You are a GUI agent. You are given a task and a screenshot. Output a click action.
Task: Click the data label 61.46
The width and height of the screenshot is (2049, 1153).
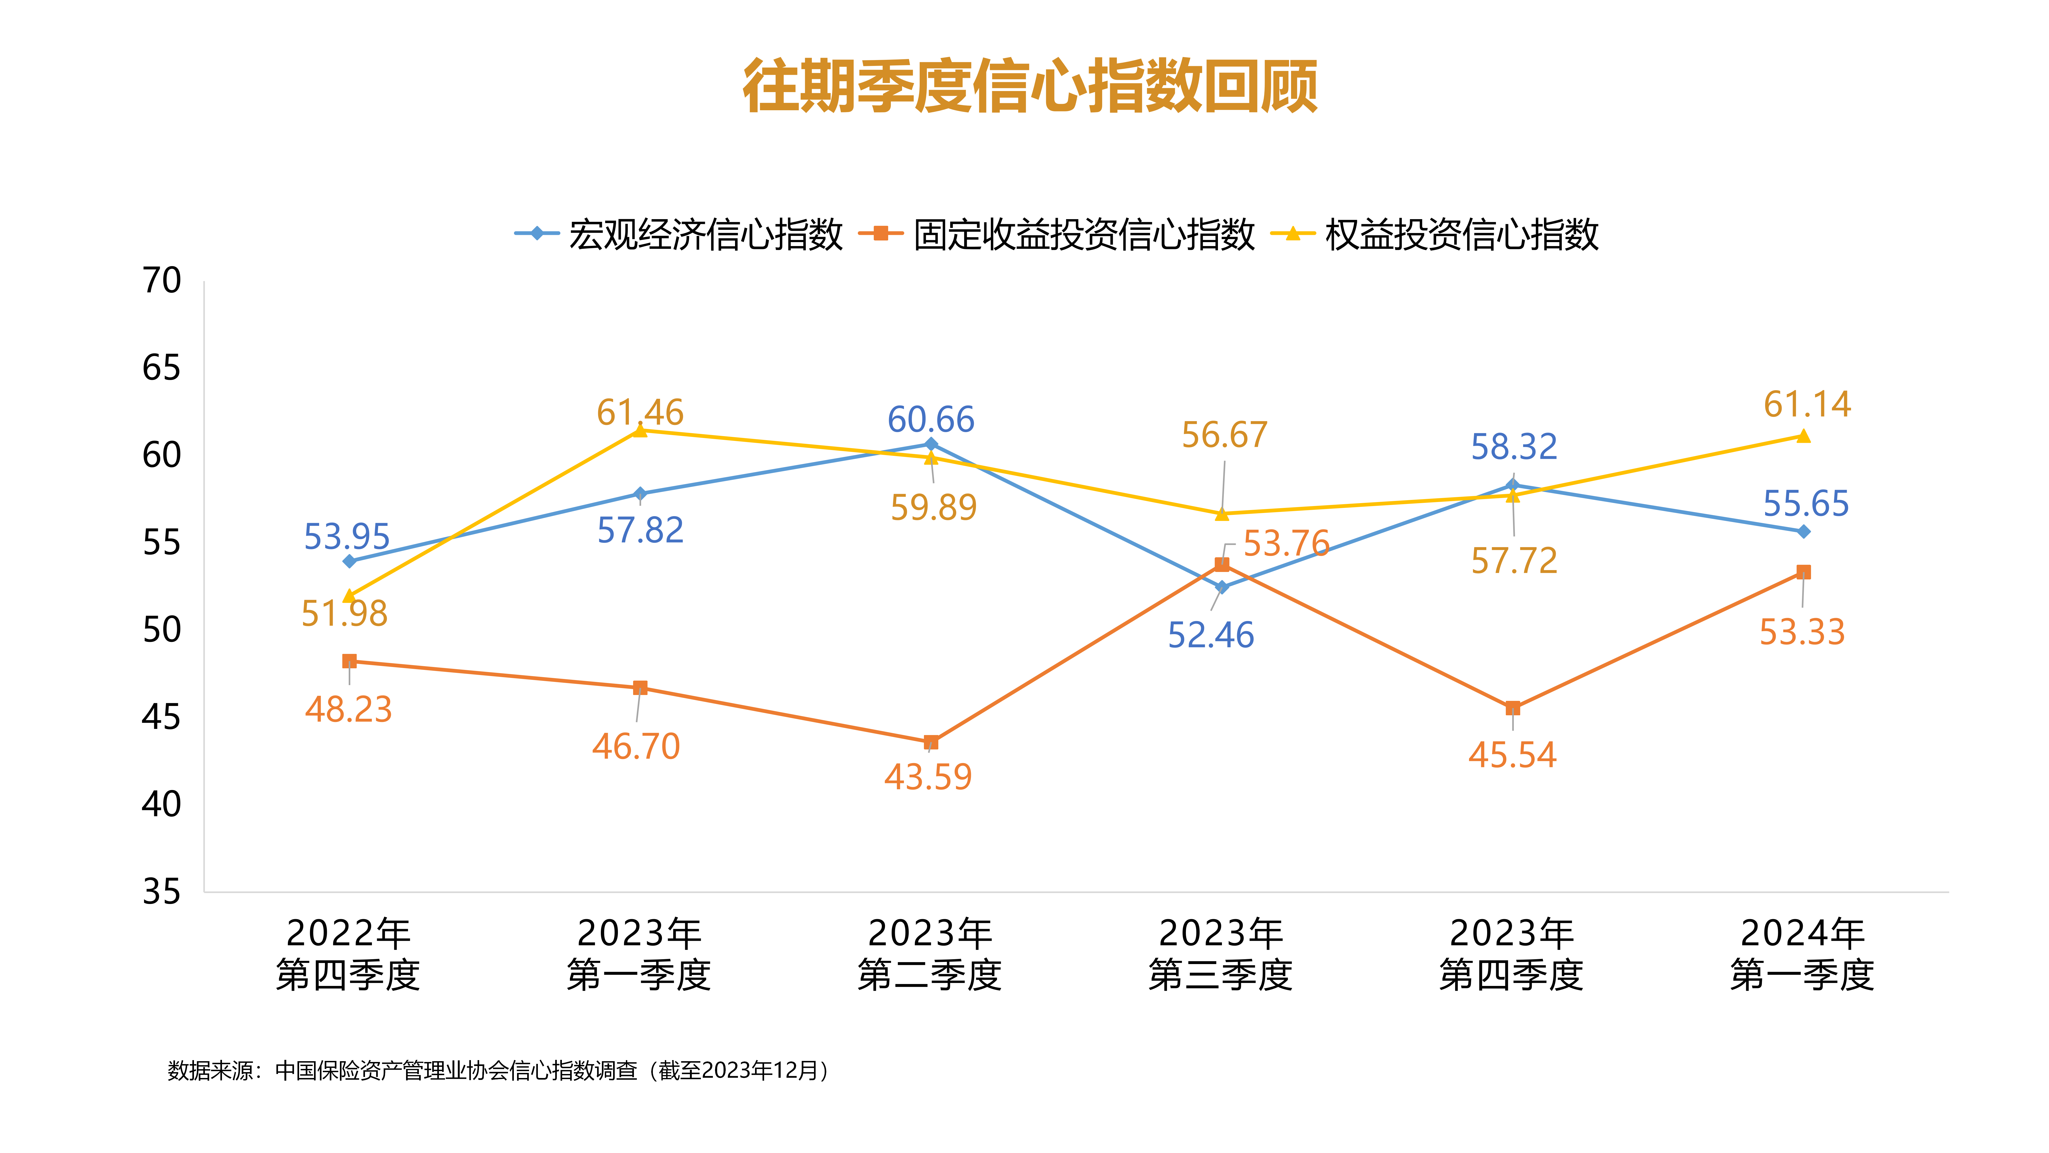(x=640, y=412)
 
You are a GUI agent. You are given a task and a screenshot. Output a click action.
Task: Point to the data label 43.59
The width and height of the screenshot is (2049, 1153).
(x=928, y=777)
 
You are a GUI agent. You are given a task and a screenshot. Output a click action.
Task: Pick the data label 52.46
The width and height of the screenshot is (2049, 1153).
(x=1211, y=635)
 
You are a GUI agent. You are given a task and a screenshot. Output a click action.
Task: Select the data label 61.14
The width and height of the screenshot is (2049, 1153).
(x=1807, y=404)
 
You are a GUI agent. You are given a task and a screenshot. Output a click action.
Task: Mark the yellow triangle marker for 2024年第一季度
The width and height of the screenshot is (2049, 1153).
(x=1803, y=436)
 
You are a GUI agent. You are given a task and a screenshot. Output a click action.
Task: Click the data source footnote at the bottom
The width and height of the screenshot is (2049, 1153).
(x=499, y=1070)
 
